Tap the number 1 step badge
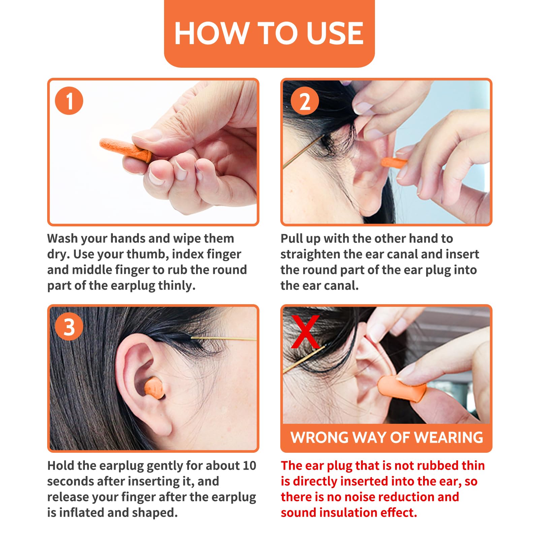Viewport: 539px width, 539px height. (x=69, y=101)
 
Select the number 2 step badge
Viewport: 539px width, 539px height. (x=305, y=101)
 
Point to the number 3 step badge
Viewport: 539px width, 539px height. (x=69, y=327)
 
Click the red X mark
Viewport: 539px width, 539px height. (x=305, y=332)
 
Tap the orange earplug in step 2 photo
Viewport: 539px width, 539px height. (x=394, y=163)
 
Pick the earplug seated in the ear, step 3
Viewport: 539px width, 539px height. (x=154, y=388)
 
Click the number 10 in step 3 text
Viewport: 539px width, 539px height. (x=249, y=466)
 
